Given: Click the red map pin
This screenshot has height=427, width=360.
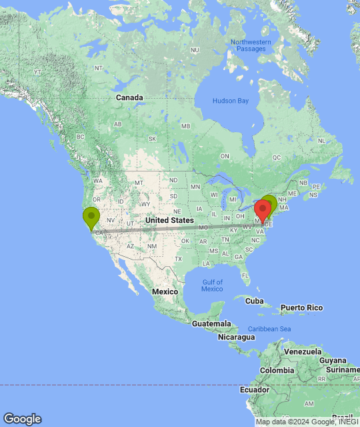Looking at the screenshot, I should pyautogui.click(x=262, y=209).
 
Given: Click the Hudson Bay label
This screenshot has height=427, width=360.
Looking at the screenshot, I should pyautogui.click(x=230, y=101).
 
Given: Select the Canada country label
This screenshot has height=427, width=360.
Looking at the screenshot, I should pyautogui.click(x=129, y=97).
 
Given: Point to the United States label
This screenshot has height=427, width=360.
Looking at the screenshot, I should pyautogui.click(x=169, y=220).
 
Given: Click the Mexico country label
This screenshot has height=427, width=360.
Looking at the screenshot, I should pyautogui.click(x=164, y=292).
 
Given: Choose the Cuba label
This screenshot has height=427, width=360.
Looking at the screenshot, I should pyautogui.click(x=255, y=301).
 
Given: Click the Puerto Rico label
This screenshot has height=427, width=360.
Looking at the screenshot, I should pyautogui.click(x=301, y=308).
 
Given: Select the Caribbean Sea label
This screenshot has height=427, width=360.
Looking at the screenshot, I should pyautogui.click(x=270, y=329).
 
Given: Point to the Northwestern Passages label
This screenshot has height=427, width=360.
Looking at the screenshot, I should pyautogui.click(x=251, y=45).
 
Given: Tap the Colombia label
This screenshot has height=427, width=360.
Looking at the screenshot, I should pyautogui.click(x=277, y=370).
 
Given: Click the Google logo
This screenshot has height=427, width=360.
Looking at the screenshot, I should pyautogui.click(x=21, y=419).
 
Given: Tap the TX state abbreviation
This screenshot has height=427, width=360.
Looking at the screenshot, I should pyautogui.click(x=178, y=258).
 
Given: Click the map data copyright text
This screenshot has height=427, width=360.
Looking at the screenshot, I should pyautogui.click(x=307, y=422).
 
